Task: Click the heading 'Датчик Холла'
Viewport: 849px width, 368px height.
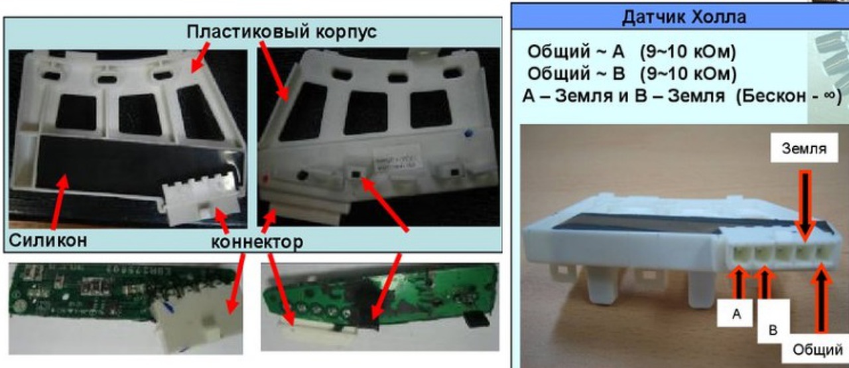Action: click(684, 17)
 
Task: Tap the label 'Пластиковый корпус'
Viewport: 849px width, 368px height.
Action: click(282, 31)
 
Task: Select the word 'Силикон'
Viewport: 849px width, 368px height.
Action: click(48, 240)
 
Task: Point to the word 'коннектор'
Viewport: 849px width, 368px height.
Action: click(257, 242)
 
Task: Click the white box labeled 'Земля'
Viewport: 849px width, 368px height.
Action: click(804, 148)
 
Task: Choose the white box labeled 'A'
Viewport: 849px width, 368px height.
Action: click(735, 313)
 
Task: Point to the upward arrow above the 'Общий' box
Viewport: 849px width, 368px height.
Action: click(821, 300)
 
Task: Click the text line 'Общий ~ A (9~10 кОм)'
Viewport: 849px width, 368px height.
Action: click(631, 51)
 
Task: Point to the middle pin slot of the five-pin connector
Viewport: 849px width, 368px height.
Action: click(782, 254)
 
